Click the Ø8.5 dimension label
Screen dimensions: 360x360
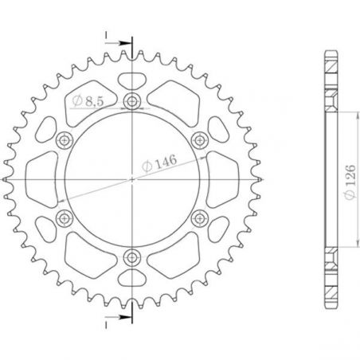pyautogui.click(x=88, y=101)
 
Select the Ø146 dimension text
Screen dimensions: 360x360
pyautogui.click(x=159, y=162)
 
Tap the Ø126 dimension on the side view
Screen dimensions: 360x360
pyautogui.click(x=350, y=182)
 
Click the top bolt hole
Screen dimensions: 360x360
pyautogui.click(x=132, y=101)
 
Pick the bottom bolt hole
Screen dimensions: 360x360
pyautogui.click(x=132, y=257)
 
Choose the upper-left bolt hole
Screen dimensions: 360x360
pyautogui.click(x=65, y=140)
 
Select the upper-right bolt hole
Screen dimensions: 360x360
pyautogui.click(x=200, y=140)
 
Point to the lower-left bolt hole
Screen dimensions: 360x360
pyautogui.click(x=65, y=218)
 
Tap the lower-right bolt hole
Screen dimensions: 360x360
pyautogui.click(x=200, y=218)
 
